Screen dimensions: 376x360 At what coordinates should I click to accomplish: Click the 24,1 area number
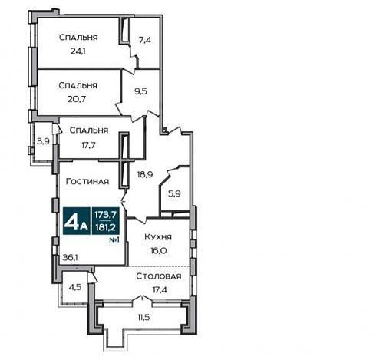(x=78, y=51)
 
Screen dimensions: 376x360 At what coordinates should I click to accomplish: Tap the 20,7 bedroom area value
(x=77, y=99)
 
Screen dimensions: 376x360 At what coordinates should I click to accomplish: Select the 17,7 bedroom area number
(x=88, y=145)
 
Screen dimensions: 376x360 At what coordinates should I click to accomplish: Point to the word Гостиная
(x=87, y=181)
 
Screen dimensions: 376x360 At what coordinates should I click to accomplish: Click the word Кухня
(x=158, y=237)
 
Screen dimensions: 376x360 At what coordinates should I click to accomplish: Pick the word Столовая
(x=159, y=276)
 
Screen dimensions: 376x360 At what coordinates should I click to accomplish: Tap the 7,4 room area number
(x=145, y=40)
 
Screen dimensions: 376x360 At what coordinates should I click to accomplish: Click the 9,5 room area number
(x=141, y=91)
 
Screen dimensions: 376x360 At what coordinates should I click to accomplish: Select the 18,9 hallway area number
(x=145, y=174)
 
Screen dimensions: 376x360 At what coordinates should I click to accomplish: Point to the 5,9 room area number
(x=174, y=193)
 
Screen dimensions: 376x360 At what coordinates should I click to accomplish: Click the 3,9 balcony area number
(x=43, y=141)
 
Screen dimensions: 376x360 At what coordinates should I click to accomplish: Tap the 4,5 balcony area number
(x=75, y=287)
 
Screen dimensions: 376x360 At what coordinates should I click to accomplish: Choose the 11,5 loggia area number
(x=143, y=318)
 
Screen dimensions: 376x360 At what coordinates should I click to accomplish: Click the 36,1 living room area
(x=71, y=258)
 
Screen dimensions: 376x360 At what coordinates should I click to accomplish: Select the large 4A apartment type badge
(x=77, y=221)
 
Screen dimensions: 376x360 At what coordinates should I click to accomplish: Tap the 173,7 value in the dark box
(x=106, y=214)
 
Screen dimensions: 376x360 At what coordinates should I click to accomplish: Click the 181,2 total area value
(x=105, y=227)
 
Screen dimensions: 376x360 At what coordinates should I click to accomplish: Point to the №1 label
(x=114, y=240)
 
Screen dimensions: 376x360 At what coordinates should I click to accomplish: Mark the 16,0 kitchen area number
(x=159, y=250)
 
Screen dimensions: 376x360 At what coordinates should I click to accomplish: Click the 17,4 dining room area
(x=160, y=290)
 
